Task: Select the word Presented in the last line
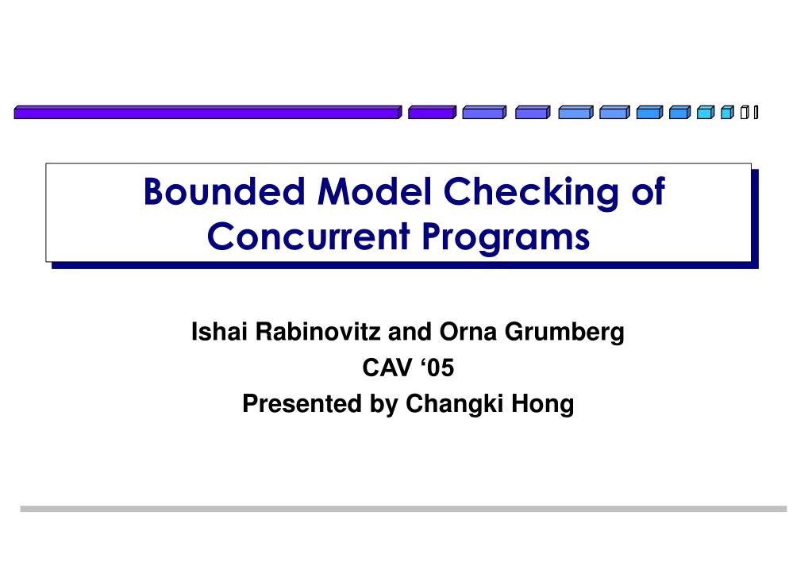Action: click(x=303, y=404)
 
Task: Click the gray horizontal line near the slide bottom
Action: click(x=403, y=509)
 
